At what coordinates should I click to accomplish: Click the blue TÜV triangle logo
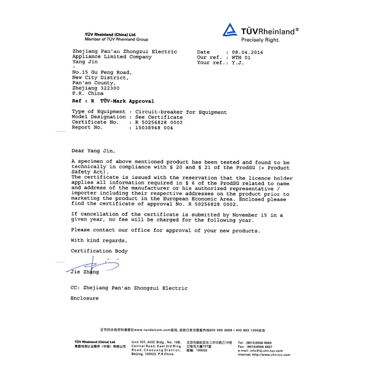click(230, 30)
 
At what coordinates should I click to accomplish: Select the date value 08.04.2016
click(247, 52)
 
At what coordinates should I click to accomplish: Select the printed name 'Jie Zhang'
click(85, 271)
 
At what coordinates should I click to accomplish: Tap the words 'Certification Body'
click(99, 251)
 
